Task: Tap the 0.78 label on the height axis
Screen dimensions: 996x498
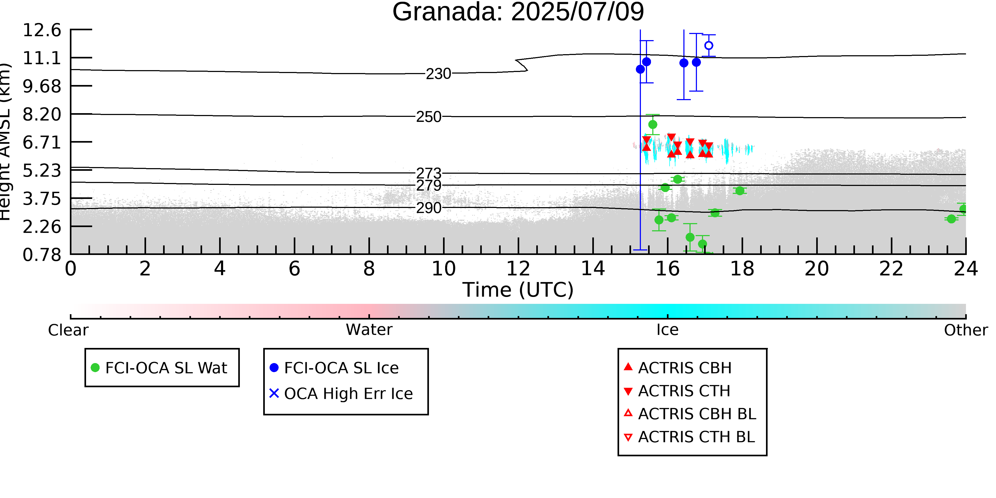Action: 42,255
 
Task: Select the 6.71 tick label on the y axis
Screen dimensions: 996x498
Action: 42,142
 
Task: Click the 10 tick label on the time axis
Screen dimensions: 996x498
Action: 444,269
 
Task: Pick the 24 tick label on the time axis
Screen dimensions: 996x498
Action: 966,269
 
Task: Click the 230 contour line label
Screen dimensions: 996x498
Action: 439,74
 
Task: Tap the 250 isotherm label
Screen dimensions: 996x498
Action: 428,117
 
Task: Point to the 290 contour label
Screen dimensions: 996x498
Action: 428,208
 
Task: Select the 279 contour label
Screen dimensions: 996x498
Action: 428,186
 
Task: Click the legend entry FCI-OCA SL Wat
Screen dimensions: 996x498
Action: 159,368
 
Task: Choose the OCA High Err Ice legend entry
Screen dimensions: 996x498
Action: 341,394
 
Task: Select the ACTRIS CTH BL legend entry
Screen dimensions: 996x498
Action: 689,437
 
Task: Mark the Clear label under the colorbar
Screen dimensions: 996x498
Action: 68,330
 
